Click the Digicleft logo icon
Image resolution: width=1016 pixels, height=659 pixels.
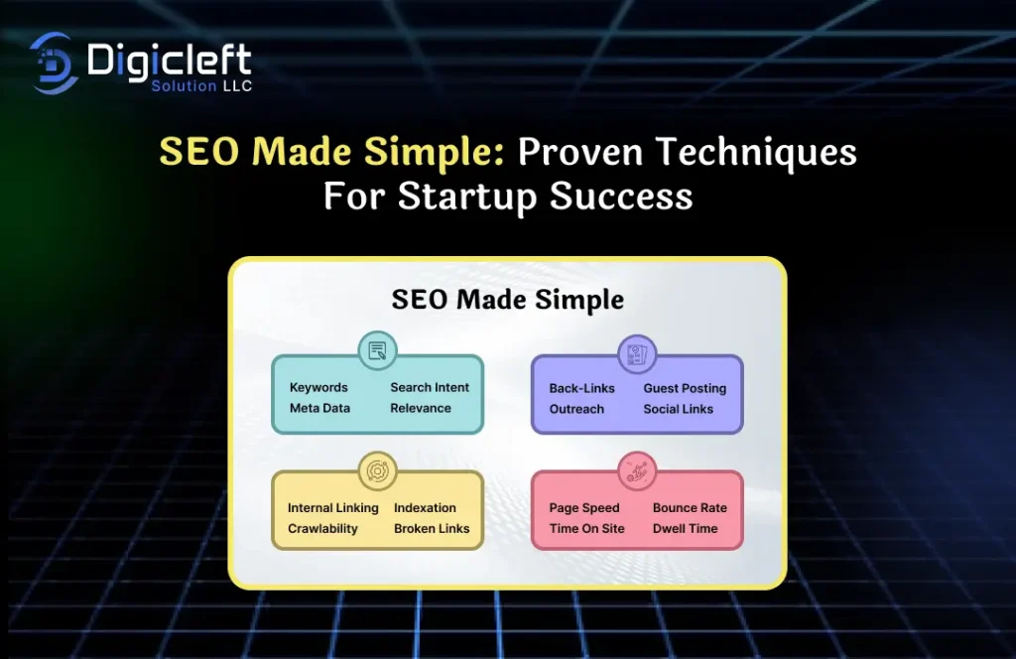[54, 63]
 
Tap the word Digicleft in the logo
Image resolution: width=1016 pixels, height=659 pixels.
[169, 61]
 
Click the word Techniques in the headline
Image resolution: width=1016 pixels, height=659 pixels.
[756, 153]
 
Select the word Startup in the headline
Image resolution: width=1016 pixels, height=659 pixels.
[467, 197]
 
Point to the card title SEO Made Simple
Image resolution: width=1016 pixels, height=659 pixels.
[507, 300]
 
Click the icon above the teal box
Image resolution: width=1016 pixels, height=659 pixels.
[377, 350]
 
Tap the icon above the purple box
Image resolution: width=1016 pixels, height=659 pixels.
[637, 353]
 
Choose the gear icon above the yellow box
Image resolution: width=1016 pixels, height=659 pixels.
[377, 470]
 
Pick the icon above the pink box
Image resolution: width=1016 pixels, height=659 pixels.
[637, 470]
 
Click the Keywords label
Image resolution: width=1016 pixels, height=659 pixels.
[318, 387]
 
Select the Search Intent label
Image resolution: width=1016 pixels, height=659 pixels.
[429, 387]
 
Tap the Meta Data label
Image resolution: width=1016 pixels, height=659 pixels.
[319, 408]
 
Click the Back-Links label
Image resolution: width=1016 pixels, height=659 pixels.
[581, 388]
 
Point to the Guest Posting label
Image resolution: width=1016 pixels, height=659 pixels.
[685, 388]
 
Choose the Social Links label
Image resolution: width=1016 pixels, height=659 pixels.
[678, 409]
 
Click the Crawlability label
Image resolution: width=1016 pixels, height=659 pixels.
[322, 529]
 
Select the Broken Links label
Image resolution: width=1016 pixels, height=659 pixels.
[432, 529]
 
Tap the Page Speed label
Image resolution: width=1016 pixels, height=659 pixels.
[583, 508]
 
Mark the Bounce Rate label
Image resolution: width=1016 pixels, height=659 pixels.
[690, 508]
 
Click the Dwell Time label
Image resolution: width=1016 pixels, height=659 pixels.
[685, 529]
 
